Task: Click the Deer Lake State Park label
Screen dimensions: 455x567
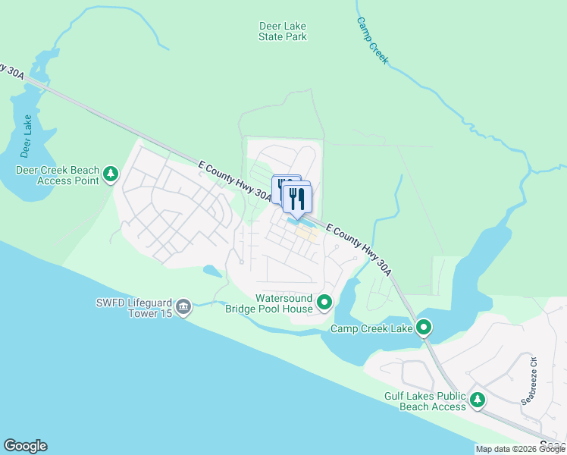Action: tap(283, 31)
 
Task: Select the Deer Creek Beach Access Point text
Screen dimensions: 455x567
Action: tap(58, 175)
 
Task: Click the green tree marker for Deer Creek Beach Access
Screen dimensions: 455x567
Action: tap(111, 175)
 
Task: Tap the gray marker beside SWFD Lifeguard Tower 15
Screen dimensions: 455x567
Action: tap(183, 307)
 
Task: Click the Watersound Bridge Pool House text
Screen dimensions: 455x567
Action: tap(269, 303)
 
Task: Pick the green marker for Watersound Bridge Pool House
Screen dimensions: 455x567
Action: tap(324, 303)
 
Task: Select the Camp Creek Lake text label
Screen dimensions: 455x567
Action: tap(371, 329)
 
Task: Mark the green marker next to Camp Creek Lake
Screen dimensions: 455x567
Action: tap(424, 328)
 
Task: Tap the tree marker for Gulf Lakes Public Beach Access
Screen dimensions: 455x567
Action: tap(478, 399)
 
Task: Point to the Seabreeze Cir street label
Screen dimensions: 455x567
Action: tap(533, 379)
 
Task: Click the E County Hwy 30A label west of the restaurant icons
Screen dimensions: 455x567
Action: tap(234, 181)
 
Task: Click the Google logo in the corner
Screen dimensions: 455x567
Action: tap(25, 446)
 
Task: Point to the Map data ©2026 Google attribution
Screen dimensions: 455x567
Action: tap(520, 449)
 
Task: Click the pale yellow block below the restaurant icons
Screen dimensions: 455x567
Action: tap(307, 235)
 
